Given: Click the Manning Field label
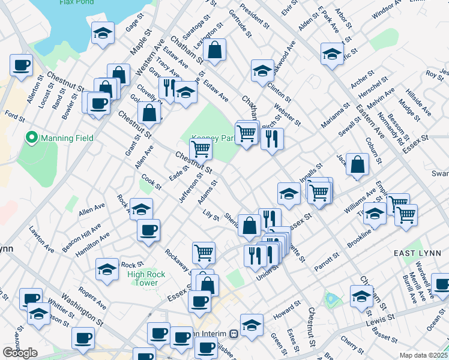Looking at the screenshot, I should tap(67, 138).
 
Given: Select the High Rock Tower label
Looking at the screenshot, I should tap(143, 278).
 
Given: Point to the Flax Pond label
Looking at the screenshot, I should tap(75, 2).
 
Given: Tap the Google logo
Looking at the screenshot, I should tap(20, 353).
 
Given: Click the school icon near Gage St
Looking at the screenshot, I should tap(103, 33).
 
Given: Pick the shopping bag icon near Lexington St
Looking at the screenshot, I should tap(214, 50).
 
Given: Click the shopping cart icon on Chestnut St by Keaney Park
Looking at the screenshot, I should tap(200, 148).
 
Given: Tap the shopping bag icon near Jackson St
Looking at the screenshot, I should tap(357, 164).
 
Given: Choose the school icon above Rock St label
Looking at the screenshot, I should tap(107, 268).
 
